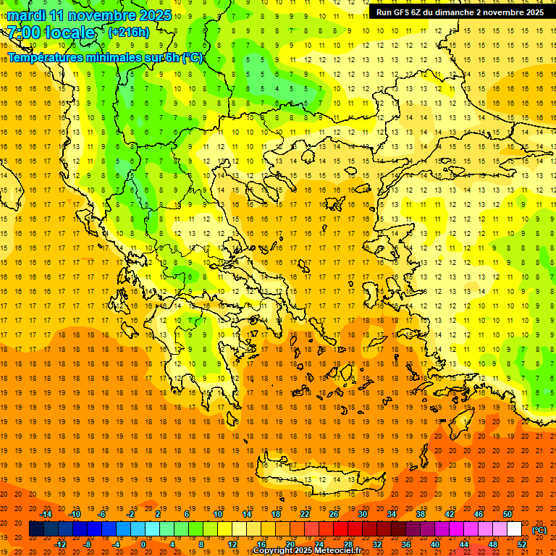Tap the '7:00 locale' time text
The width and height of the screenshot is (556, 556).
coord(51,33)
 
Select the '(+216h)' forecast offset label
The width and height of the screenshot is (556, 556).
coord(129,32)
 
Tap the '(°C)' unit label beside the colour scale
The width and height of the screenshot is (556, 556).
coord(539,530)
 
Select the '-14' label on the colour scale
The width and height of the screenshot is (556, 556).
coord(46,514)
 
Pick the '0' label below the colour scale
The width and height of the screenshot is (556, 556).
coord(143,544)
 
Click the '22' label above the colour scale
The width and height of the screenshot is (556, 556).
coord(305,514)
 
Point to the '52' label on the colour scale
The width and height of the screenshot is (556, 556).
coord(522,544)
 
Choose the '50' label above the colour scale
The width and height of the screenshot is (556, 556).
coord(507,514)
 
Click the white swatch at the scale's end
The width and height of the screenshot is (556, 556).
coord(515,529)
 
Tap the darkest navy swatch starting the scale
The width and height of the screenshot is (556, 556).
coord(36,529)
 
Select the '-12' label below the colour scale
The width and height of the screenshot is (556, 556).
coord(60,544)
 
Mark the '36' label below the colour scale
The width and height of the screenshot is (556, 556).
coord(406,544)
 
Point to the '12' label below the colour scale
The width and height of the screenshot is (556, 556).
coord(232,544)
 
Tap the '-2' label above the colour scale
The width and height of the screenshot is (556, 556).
coord(131,514)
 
